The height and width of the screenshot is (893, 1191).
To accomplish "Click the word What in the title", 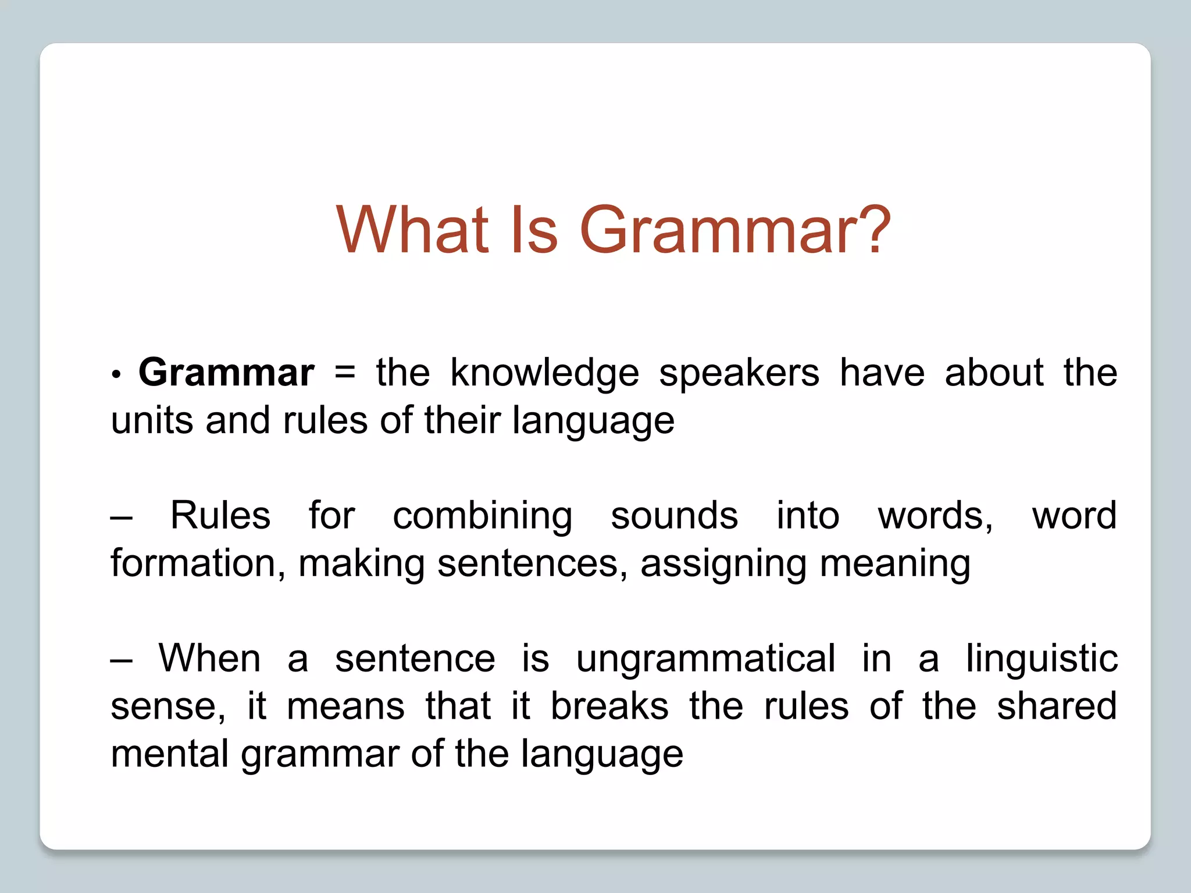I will coord(412,230).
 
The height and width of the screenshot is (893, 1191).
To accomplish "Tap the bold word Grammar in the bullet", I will coord(226,373).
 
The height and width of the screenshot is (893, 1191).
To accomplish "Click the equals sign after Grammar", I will coord(345,373).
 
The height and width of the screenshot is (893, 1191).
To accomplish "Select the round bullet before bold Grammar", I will coord(116,375).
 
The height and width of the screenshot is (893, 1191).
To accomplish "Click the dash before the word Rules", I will coord(121,516).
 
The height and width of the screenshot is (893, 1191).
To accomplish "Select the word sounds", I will coord(674,516).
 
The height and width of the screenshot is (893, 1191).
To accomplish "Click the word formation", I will coord(198,563).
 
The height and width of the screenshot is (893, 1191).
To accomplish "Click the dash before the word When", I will coord(121,659).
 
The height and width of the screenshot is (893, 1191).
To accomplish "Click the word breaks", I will coord(609,706).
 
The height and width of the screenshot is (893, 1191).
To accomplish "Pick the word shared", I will coord(1057,706).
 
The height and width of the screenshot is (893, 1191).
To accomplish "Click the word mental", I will coord(169,754).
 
